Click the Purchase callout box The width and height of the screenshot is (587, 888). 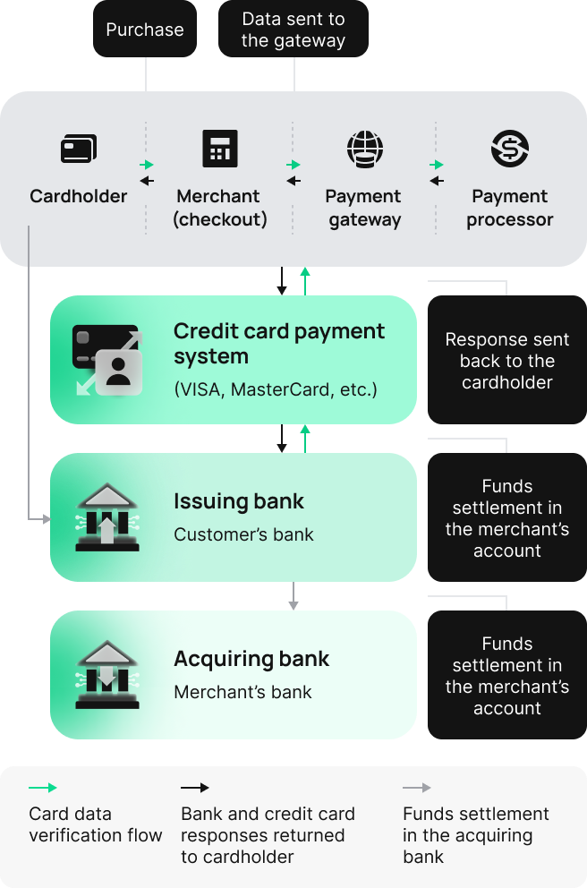[145, 30]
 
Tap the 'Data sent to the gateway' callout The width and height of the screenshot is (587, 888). [293, 30]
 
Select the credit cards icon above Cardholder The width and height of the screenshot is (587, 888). [79, 149]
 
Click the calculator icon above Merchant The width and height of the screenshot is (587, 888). [220, 149]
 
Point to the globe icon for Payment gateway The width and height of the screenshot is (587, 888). [364, 149]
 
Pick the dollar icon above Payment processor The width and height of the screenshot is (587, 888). [510, 149]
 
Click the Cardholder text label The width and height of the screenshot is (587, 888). [79, 196]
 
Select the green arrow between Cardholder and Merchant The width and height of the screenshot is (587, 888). [147, 165]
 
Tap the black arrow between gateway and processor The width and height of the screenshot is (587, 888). [437, 181]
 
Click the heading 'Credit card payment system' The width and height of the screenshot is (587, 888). [279, 343]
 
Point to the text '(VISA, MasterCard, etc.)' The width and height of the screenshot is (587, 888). [276, 389]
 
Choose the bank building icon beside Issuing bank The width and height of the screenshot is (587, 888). [106, 517]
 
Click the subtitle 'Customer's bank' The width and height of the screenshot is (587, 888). [243, 534]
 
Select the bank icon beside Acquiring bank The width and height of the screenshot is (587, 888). [106, 675]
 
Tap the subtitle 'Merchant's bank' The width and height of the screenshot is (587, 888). [242, 692]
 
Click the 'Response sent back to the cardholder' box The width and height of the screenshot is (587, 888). [506, 361]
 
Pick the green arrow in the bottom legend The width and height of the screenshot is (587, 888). [43, 788]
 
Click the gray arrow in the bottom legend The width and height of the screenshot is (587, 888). [417, 788]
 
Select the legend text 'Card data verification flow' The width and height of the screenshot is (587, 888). [96, 824]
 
